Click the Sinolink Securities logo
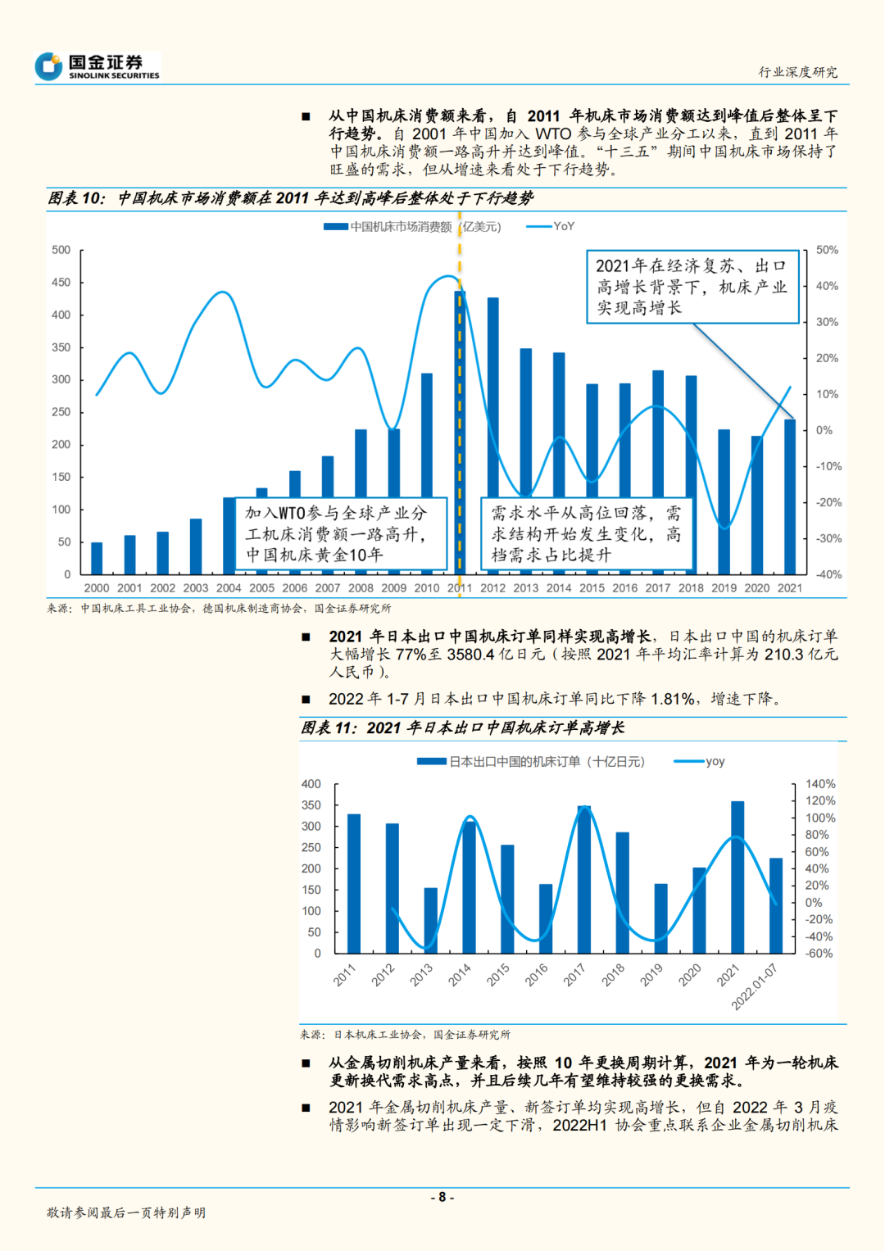pos(98,66)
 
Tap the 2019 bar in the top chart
pos(724,501)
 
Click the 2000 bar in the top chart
pos(97,558)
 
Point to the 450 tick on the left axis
pos(61,283)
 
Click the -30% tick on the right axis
pos(828,539)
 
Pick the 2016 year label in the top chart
pos(624,588)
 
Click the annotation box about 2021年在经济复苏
pos(692,287)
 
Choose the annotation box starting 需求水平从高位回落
pos(586,534)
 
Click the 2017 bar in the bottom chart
pos(584,879)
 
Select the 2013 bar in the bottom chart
pos(430,920)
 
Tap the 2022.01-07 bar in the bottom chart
pos(776,905)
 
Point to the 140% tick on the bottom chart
pos(819,784)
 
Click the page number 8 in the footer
pos(442,1197)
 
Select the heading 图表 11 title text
pos(462,728)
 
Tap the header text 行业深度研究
pos(797,72)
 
